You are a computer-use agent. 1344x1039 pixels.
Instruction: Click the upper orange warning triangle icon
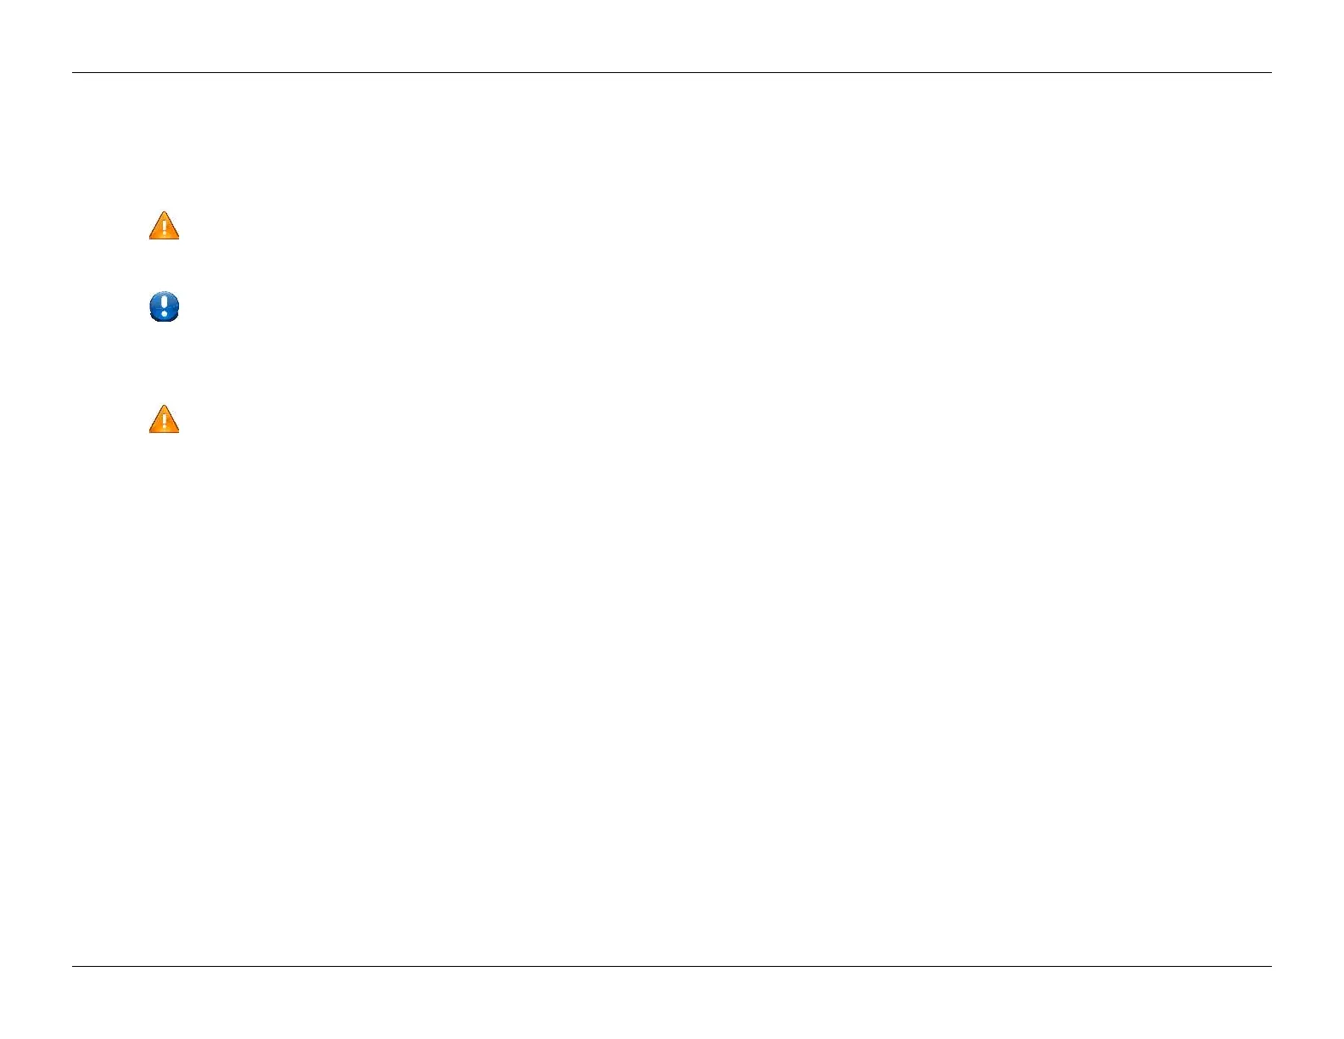click(164, 227)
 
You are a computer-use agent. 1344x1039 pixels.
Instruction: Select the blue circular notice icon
click(164, 306)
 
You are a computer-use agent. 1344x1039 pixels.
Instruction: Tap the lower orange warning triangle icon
click(164, 420)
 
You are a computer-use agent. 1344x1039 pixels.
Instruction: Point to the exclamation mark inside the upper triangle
click(164, 228)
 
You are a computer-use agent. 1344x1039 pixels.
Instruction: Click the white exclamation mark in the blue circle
click(164, 305)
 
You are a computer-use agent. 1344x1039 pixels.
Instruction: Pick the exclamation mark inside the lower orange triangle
click(164, 422)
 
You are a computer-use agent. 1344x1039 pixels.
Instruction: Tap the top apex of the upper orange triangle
click(164, 213)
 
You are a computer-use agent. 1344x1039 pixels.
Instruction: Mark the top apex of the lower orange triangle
click(164, 407)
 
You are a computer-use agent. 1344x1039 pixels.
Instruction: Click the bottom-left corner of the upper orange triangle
click(150, 238)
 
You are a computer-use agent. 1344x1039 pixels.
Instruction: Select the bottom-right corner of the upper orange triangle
click(178, 238)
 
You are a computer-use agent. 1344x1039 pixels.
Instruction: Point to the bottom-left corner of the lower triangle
click(150, 431)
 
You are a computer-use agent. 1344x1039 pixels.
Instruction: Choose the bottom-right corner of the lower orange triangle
click(178, 431)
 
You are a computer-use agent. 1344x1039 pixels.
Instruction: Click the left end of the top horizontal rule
click(73, 72)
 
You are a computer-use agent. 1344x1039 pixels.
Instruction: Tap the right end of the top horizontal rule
click(1271, 72)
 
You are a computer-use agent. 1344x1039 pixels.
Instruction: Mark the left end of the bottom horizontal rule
click(73, 966)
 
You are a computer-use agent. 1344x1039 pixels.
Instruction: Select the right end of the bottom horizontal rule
click(1271, 966)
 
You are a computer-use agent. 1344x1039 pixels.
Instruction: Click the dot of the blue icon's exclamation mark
click(164, 312)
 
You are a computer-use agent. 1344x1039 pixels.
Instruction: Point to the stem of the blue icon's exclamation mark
click(164, 301)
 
